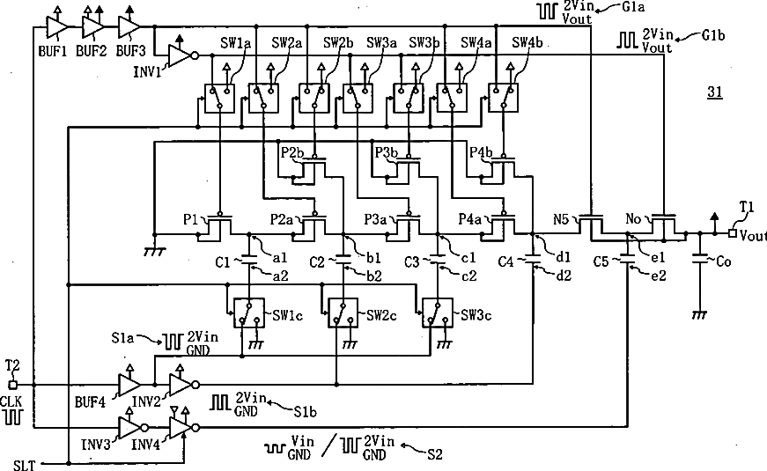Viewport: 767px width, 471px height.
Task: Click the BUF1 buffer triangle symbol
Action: (x=56, y=26)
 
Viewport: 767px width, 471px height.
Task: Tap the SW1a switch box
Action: (x=219, y=99)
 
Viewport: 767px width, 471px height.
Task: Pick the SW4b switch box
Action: (x=504, y=98)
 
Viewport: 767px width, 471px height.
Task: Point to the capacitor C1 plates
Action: (x=249, y=259)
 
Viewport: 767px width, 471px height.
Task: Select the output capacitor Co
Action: (x=699, y=259)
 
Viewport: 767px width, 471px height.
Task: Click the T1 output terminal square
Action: (x=733, y=233)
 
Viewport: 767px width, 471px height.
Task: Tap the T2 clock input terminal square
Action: (x=13, y=385)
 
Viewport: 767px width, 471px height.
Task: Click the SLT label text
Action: (x=24, y=465)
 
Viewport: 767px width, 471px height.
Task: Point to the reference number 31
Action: (x=715, y=92)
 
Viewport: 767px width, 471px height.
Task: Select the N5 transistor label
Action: (x=561, y=219)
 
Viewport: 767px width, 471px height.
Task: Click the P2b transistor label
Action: (x=292, y=152)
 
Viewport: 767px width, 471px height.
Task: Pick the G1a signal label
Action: (x=632, y=7)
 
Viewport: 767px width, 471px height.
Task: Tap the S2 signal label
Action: (x=434, y=454)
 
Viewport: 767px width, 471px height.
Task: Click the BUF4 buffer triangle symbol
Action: (x=129, y=385)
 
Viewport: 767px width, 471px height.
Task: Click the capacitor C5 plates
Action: (x=627, y=259)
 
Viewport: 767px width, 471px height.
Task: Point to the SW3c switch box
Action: (x=439, y=313)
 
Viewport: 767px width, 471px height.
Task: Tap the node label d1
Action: (x=564, y=257)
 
